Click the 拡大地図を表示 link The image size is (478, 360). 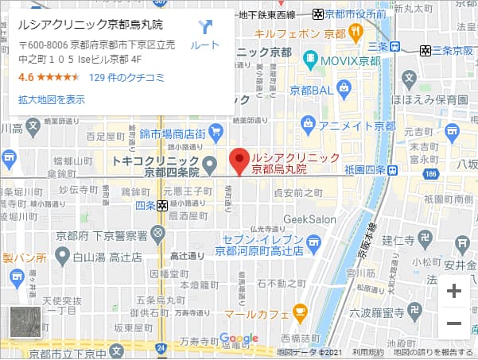(x=51, y=99)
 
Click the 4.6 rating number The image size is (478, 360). (x=25, y=78)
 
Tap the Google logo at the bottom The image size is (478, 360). (x=239, y=339)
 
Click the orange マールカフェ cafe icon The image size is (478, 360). (x=300, y=310)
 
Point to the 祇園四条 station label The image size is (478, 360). (x=365, y=171)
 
